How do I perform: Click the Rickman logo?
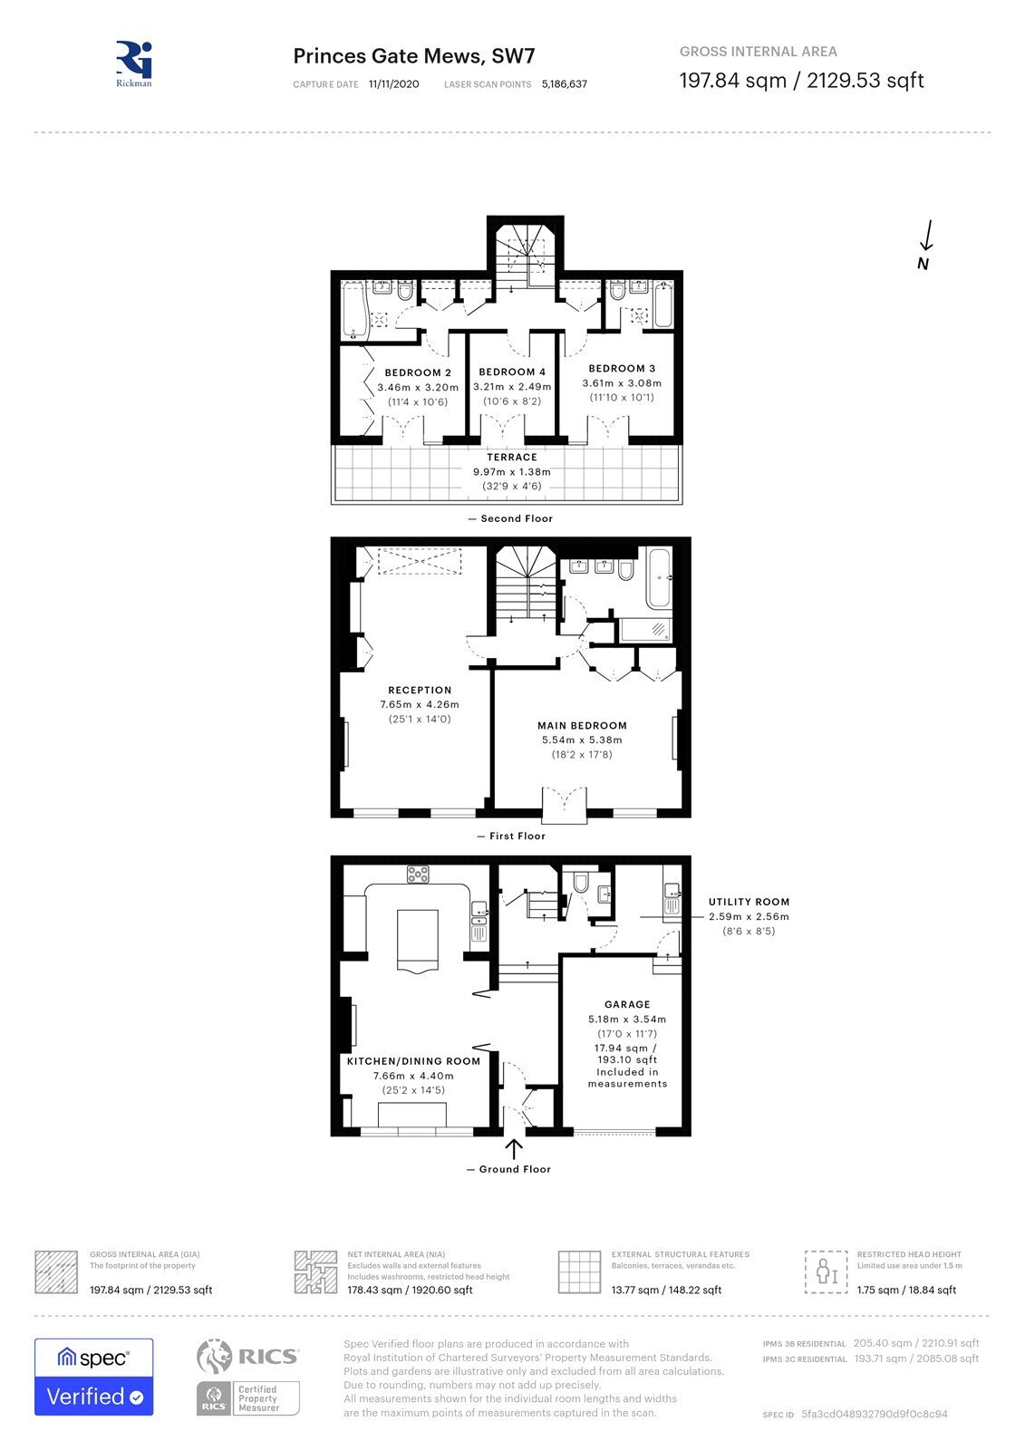[x=134, y=64]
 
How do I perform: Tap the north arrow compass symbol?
[x=925, y=246]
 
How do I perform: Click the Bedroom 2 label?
[x=418, y=372]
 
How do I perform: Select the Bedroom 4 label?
[x=511, y=372]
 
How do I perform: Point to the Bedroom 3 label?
[x=622, y=368]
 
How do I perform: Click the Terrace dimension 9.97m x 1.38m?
[x=511, y=472]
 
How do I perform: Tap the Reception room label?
[x=420, y=690]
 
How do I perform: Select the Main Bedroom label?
[x=582, y=726]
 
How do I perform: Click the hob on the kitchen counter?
[x=418, y=874]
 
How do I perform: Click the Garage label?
[x=627, y=1004]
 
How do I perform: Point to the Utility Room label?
[x=749, y=902]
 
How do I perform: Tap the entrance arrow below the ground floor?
[x=514, y=1149]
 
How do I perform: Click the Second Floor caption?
[x=517, y=518]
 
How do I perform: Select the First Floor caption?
[x=517, y=836]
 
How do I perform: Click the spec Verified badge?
[x=94, y=1377]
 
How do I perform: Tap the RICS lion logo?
[x=214, y=1356]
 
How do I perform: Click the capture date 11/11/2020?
[x=393, y=84]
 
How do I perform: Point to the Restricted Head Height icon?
[x=826, y=1272]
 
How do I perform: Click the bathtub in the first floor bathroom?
[x=659, y=577]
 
